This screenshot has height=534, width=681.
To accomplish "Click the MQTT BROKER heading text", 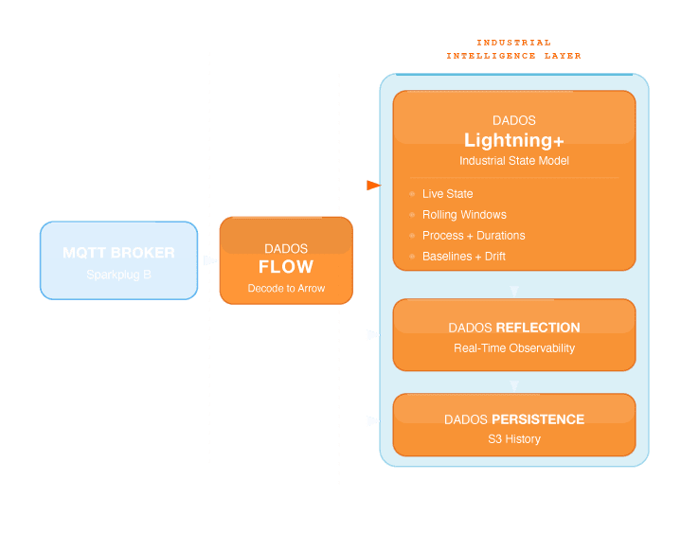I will pos(118,253).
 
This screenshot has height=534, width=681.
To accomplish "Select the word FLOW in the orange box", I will pos(285,267).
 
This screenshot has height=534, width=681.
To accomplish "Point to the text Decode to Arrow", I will pos(286,288).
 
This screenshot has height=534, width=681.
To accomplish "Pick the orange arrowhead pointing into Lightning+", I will pos(373,186).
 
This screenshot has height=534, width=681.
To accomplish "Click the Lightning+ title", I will pos(513,140).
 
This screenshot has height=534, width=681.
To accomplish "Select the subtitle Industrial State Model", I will pos(513,161).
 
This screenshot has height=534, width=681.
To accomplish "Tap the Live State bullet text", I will pos(447,194).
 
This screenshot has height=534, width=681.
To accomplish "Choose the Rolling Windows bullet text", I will pos(464,215).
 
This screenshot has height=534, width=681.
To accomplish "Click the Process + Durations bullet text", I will pos(474,236).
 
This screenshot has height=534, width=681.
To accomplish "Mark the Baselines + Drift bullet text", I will pos(471,257).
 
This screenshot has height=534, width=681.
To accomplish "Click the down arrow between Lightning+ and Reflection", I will pos(514,291).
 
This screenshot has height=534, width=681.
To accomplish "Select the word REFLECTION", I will pos(537,328).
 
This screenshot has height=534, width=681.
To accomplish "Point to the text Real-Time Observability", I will pos(513,348).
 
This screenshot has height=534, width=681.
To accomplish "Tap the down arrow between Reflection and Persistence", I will pos(514,386).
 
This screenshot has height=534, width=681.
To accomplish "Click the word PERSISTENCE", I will pos(539,418).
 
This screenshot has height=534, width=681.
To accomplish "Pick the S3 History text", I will pos(513,439).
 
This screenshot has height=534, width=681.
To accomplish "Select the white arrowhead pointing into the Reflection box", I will pos(373,335).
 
